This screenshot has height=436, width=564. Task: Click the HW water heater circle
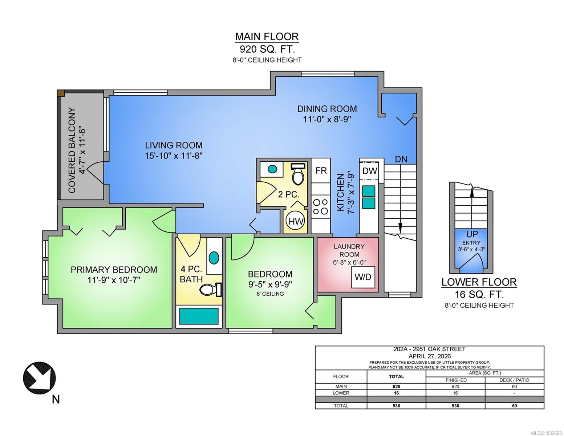click(x=296, y=221)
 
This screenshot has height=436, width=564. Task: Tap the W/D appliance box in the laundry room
click(x=363, y=277)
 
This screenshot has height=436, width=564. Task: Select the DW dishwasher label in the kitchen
click(x=370, y=171)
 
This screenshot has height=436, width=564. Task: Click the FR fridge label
click(x=321, y=171)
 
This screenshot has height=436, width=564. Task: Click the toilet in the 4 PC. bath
click(x=211, y=290)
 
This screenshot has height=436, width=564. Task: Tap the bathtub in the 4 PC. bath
click(x=199, y=316)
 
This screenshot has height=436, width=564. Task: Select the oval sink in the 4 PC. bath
click(x=214, y=258)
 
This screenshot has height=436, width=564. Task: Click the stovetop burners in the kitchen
click(x=321, y=206)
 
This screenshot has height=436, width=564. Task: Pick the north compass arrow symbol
click(x=40, y=378)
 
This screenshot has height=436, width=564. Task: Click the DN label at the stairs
click(x=401, y=159)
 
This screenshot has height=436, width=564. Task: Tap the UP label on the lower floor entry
click(x=472, y=234)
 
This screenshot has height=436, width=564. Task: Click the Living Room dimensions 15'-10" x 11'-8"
click(x=174, y=156)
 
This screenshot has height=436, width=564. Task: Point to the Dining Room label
click(x=327, y=109)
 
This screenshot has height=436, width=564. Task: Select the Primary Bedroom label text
click(x=114, y=270)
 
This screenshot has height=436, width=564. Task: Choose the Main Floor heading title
click(x=267, y=37)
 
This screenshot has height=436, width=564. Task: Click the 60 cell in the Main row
click(x=514, y=386)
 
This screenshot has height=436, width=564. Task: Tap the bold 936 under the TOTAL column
click(x=396, y=405)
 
